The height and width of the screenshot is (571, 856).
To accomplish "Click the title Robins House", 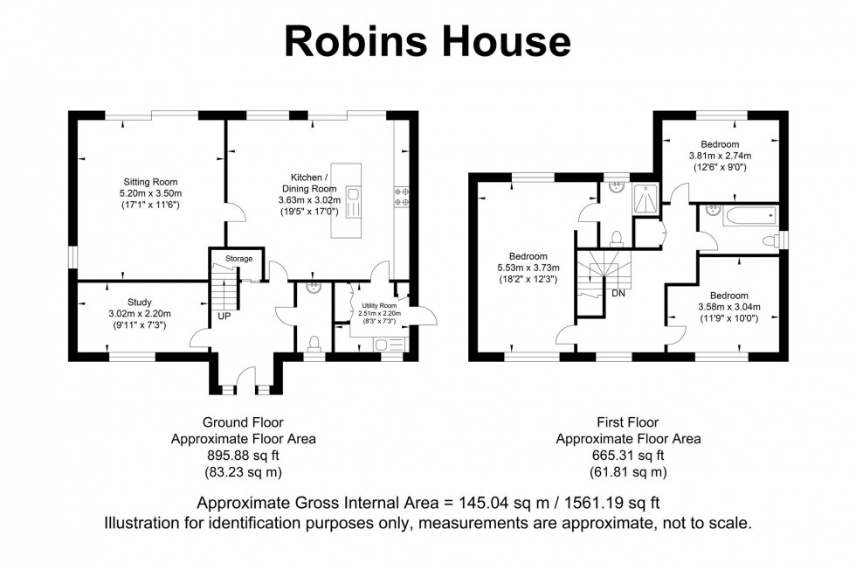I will coord(427,41).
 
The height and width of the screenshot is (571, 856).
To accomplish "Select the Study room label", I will coord(139,303).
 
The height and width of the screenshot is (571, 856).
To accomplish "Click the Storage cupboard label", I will coord(238,259).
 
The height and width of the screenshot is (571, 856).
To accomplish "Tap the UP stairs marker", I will coord(224,316).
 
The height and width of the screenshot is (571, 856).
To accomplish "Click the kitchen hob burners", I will coord(404,197).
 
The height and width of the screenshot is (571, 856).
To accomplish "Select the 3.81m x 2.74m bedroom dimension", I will coord(719,156).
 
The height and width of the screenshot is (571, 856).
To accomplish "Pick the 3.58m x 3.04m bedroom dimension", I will coord(728,307).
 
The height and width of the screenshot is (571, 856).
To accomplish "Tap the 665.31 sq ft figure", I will coord(628,455).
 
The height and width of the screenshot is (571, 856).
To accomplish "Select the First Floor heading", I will coord(628,422).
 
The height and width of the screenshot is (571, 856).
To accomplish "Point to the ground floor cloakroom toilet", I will coord(314,340).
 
